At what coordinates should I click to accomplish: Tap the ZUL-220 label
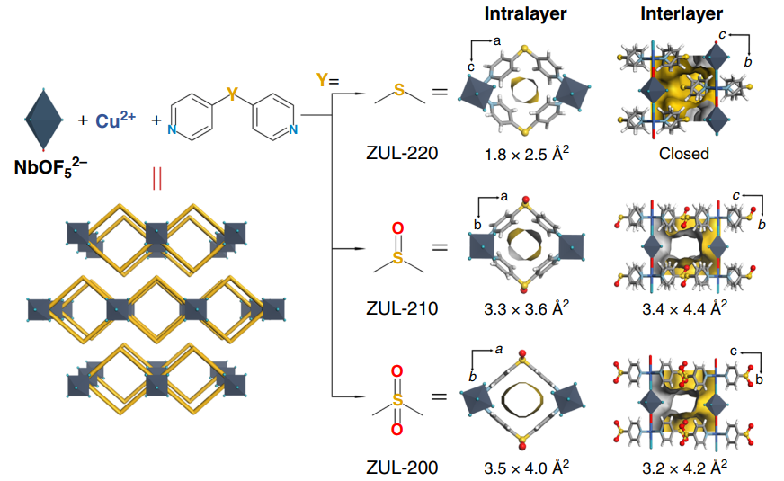[401, 153]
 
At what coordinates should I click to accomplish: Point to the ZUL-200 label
[401, 467]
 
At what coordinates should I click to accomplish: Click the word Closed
[683, 154]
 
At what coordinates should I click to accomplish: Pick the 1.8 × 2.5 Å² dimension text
[526, 153]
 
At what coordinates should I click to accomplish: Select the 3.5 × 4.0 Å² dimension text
[526, 467]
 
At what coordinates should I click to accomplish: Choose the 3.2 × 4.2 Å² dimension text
[683, 467]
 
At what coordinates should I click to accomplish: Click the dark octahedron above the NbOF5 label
[43, 117]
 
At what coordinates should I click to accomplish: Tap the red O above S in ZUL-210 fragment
[399, 229]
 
